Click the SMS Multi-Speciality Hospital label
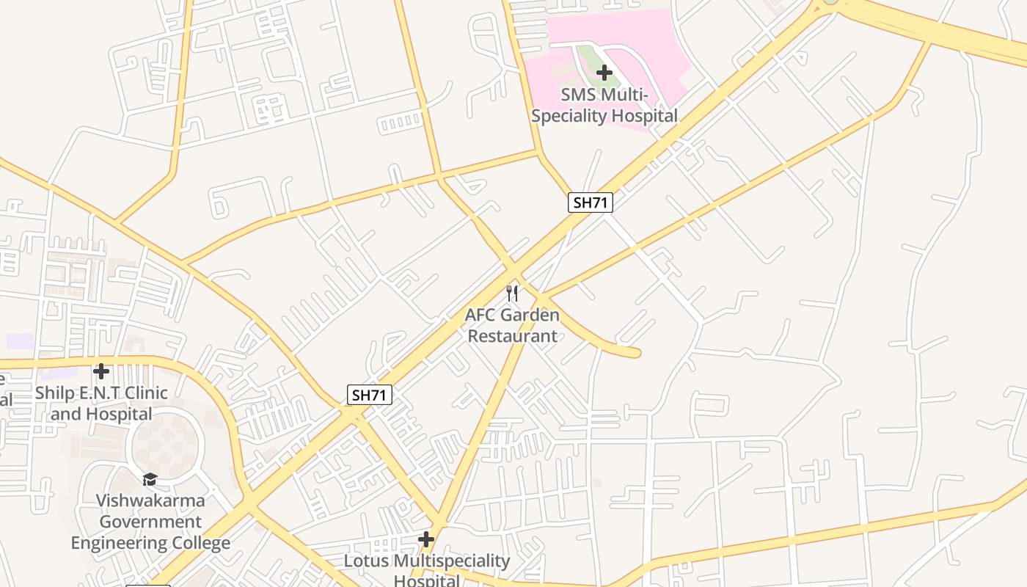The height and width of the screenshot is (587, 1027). click(604, 105)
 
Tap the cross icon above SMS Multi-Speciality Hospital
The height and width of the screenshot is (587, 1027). click(604, 73)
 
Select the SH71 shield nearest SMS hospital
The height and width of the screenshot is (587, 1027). click(590, 203)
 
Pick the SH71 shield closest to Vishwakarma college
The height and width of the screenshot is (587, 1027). click(370, 395)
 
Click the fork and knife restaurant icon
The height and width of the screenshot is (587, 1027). click(513, 293)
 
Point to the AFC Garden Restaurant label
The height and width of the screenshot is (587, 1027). click(512, 326)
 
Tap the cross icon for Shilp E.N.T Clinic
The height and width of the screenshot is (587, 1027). click(101, 371)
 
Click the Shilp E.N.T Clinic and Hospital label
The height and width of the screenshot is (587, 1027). click(101, 404)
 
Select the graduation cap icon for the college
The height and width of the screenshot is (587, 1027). click(150, 479)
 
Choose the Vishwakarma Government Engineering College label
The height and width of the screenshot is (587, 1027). click(150, 522)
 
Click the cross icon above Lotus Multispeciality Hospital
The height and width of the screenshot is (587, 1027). click(426, 540)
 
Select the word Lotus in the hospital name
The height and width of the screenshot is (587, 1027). click(367, 561)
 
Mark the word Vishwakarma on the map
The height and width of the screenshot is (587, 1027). click(150, 501)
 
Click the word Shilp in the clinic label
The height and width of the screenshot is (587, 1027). click(55, 393)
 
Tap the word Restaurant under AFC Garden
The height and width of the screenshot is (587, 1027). click(512, 336)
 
